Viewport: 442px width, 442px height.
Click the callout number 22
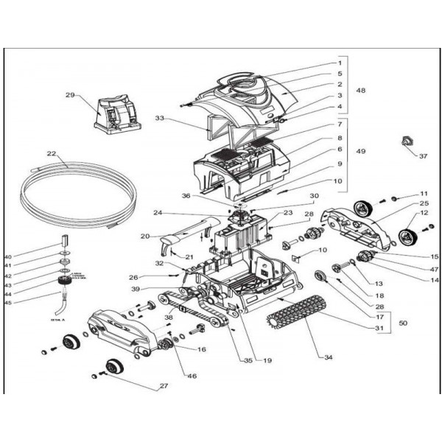52,154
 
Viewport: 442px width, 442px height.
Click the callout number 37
422,156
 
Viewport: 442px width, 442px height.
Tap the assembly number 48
361,91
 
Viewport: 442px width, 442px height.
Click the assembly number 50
402,323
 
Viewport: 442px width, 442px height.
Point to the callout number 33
160,119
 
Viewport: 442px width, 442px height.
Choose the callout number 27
164,385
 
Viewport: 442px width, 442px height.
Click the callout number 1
340,62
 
